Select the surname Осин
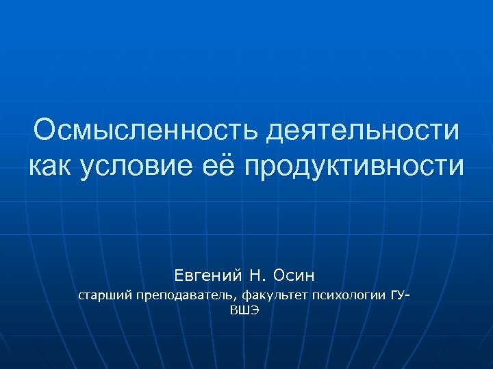293,275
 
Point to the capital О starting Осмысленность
46,131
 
